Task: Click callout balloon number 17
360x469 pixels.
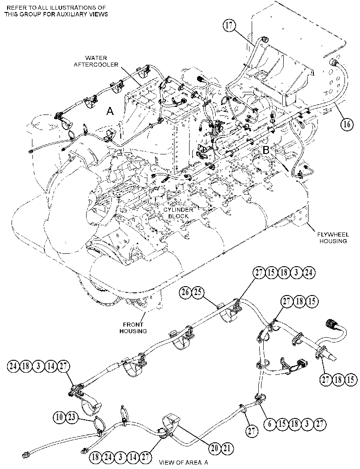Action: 229,26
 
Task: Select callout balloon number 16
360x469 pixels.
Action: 347,124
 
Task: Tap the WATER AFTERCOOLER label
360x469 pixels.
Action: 96,61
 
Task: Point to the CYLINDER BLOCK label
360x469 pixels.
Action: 178,213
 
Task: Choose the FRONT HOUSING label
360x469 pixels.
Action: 133,328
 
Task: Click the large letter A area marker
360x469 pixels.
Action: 110,111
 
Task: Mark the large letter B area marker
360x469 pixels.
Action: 266,150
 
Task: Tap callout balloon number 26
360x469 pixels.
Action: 185,292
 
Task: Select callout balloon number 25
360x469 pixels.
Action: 198,292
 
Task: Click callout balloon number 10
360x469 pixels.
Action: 59,417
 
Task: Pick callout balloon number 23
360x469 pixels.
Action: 72,417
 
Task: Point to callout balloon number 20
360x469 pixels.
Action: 214,448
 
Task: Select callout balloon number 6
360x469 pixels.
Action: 270,424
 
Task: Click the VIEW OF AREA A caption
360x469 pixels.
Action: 183,462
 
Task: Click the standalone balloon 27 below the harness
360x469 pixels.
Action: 251,431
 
